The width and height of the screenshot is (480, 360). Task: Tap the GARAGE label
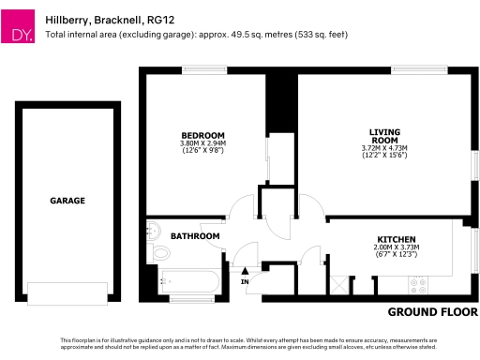(x=67, y=201)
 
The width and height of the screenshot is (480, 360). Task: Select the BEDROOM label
(x=203, y=134)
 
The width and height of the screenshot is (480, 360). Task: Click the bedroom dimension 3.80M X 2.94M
(x=203, y=142)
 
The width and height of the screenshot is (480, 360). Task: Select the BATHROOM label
(x=195, y=235)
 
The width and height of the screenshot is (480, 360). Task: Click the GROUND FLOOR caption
(x=432, y=311)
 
